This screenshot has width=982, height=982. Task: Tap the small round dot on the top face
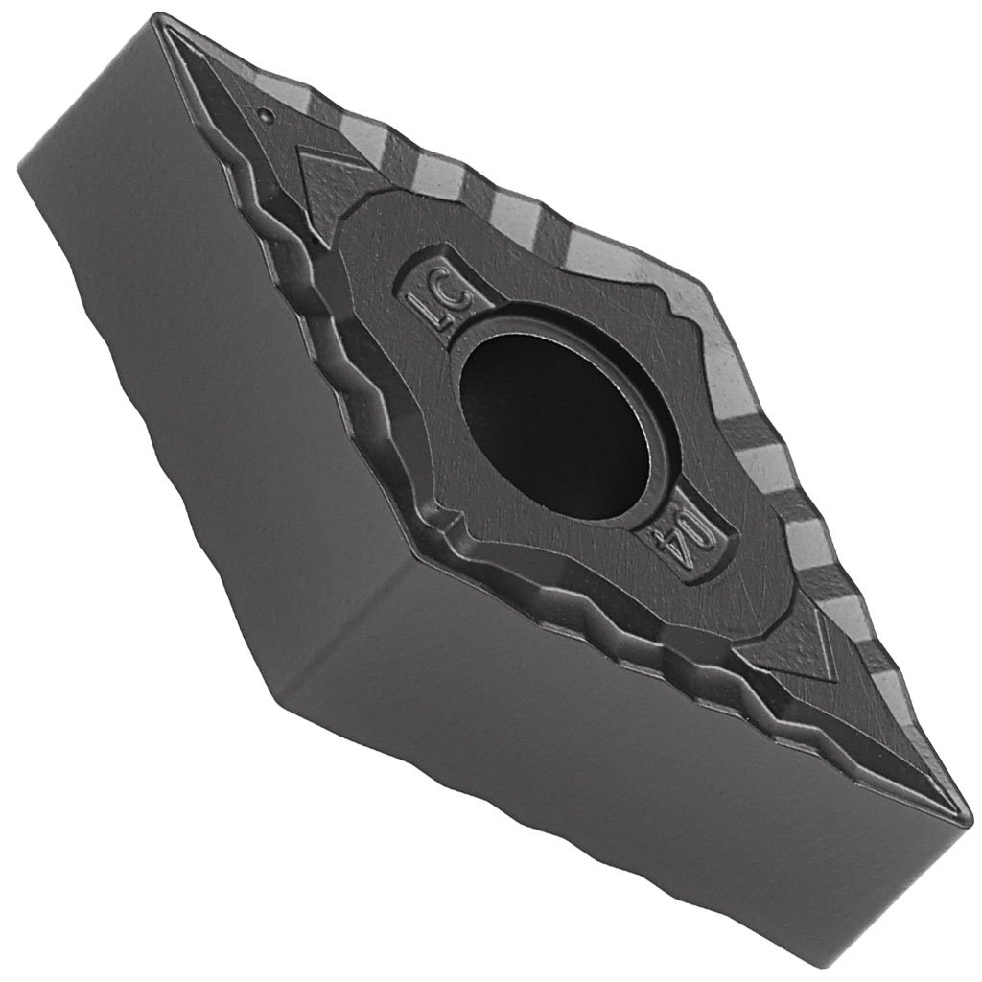(x=264, y=114)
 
